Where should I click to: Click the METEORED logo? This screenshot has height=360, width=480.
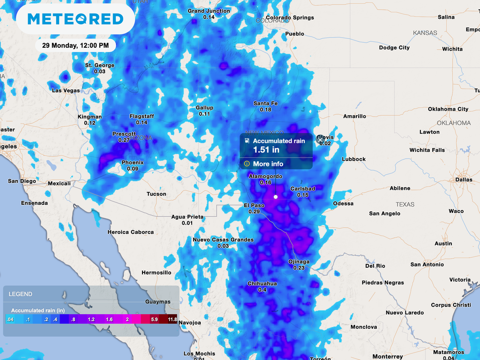[75, 19]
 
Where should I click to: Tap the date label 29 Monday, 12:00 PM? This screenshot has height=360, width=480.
[75, 45]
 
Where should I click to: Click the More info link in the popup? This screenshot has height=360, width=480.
[268, 164]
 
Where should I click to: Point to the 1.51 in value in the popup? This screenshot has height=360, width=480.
[266, 150]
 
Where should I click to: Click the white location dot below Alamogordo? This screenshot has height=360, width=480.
[276, 197]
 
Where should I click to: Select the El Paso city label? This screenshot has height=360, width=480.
[254, 205]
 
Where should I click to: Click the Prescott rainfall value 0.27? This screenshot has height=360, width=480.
[124, 140]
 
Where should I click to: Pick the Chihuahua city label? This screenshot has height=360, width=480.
[262, 284]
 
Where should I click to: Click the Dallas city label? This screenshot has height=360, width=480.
[464, 180]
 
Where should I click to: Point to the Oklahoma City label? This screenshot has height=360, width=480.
[448, 109]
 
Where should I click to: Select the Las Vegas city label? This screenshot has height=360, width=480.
[66, 90]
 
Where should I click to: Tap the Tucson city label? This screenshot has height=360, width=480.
[156, 194]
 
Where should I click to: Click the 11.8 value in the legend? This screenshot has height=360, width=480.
[172, 319]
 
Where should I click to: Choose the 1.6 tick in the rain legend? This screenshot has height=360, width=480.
[109, 319]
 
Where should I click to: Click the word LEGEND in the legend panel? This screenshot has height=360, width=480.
[21, 294]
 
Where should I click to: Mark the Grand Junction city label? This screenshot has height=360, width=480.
[209, 11]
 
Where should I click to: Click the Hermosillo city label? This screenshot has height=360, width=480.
[157, 272]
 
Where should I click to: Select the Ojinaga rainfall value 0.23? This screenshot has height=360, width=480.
[299, 268]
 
